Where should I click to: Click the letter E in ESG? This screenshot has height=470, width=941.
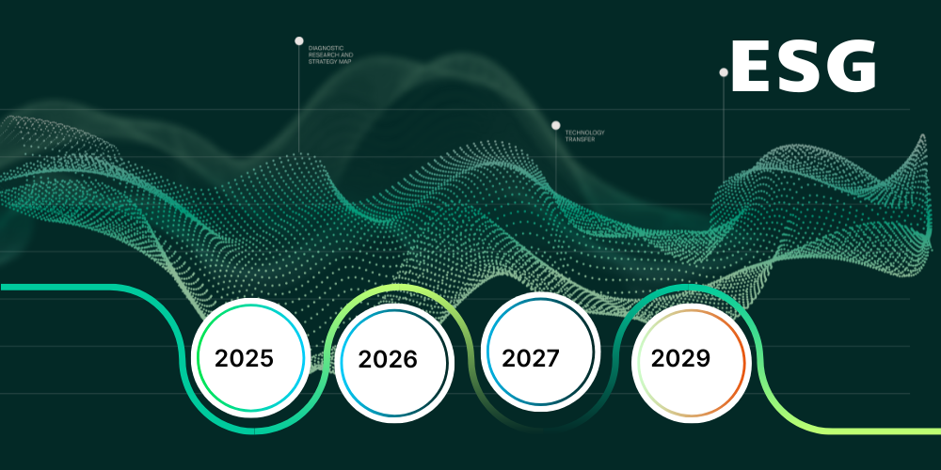[750, 67]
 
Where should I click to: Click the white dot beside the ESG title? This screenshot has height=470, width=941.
[724, 72]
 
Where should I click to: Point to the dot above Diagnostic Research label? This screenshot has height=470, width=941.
[299, 40]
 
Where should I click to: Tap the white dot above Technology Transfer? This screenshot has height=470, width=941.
[556, 125]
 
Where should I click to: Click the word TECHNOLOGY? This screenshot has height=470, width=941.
[584, 133]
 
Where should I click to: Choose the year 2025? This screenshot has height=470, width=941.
[245, 358]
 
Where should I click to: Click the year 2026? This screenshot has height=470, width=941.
[388, 360]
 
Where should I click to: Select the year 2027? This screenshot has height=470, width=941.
[531, 358]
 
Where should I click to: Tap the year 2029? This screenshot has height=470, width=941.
[680, 358]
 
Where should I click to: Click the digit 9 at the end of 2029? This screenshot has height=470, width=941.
[703, 358]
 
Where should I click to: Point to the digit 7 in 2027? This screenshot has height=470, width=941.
[552, 358]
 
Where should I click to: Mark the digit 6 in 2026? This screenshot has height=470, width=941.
[410, 360]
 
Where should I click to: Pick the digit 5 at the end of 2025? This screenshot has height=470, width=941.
[266, 358]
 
